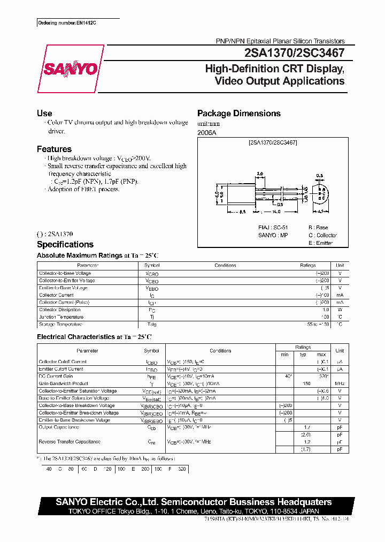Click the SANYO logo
[x=70, y=69]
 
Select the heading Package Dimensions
[x=238, y=114]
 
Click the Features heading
[x=54, y=149]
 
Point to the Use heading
[x=44, y=114]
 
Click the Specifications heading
[x=65, y=244]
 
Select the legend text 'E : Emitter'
[x=320, y=243]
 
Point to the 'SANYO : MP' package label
[x=274, y=235]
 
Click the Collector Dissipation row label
[x=60, y=310]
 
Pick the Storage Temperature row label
[x=60, y=324]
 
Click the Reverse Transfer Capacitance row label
[x=70, y=442]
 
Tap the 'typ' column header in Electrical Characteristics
[x=303, y=355]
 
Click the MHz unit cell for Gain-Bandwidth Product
[x=339, y=383]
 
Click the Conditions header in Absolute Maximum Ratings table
[x=225, y=265]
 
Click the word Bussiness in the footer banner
[x=253, y=502]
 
